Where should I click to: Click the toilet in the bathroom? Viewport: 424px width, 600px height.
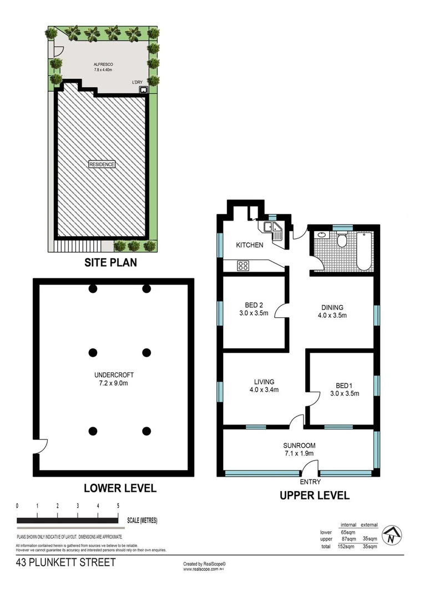(x=342, y=240)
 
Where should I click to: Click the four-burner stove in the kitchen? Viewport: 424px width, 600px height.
(x=243, y=266)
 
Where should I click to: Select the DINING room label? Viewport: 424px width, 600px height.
(x=332, y=307)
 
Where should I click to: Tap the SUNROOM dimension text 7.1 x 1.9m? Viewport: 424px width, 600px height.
(x=299, y=453)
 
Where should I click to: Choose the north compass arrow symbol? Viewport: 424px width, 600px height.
(x=393, y=536)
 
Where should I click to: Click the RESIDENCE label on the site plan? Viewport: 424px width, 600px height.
(x=102, y=164)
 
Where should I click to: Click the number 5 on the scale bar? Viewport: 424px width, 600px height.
(x=118, y=506)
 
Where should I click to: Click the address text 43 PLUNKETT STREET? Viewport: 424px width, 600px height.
(x=66, y=562)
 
